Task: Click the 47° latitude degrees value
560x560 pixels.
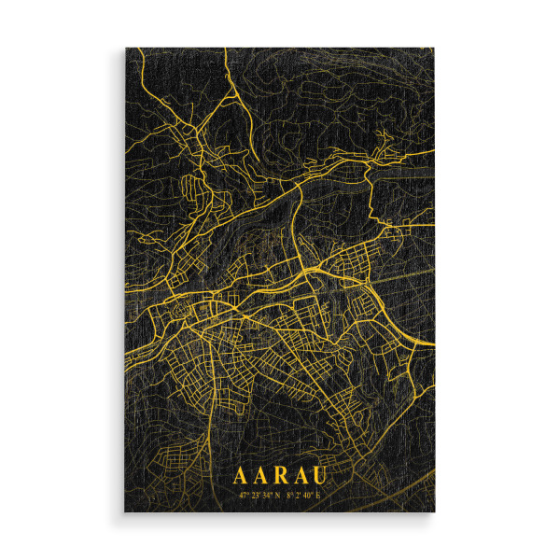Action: pos(244,495)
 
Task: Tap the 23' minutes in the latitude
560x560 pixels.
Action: pos(255,495)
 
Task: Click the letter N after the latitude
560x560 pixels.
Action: pos(276,495)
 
